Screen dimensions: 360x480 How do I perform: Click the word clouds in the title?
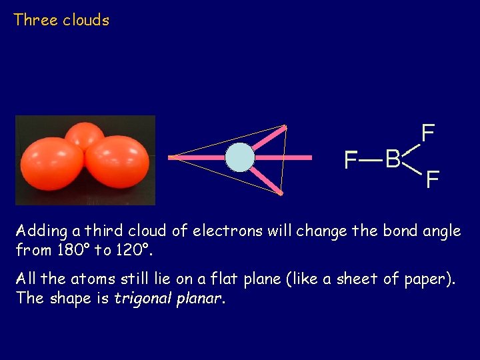click(86, 20)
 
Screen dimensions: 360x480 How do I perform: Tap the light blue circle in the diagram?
click(239, 158)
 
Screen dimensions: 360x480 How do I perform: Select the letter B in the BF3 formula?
click(393, 159)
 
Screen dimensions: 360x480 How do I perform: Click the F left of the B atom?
click(350, 160)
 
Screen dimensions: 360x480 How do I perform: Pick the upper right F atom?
click(428, 133)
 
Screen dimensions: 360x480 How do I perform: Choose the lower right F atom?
click(432, 179)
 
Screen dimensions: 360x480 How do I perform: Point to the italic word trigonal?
click(145, 298)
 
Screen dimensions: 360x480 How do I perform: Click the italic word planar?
click(201, 298)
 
